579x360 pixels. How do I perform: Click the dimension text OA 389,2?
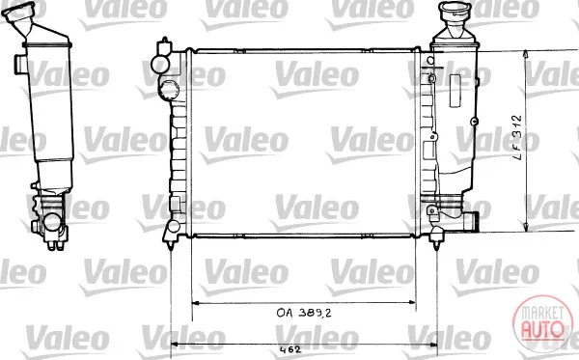304,313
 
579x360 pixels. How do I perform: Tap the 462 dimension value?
290,349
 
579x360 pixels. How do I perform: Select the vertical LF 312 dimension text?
518,137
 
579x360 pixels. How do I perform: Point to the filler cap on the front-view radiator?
455,8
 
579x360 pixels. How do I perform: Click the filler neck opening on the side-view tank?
18,10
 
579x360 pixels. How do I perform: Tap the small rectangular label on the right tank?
455,91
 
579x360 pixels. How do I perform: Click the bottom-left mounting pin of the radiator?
171,244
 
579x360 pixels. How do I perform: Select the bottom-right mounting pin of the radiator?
437,244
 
